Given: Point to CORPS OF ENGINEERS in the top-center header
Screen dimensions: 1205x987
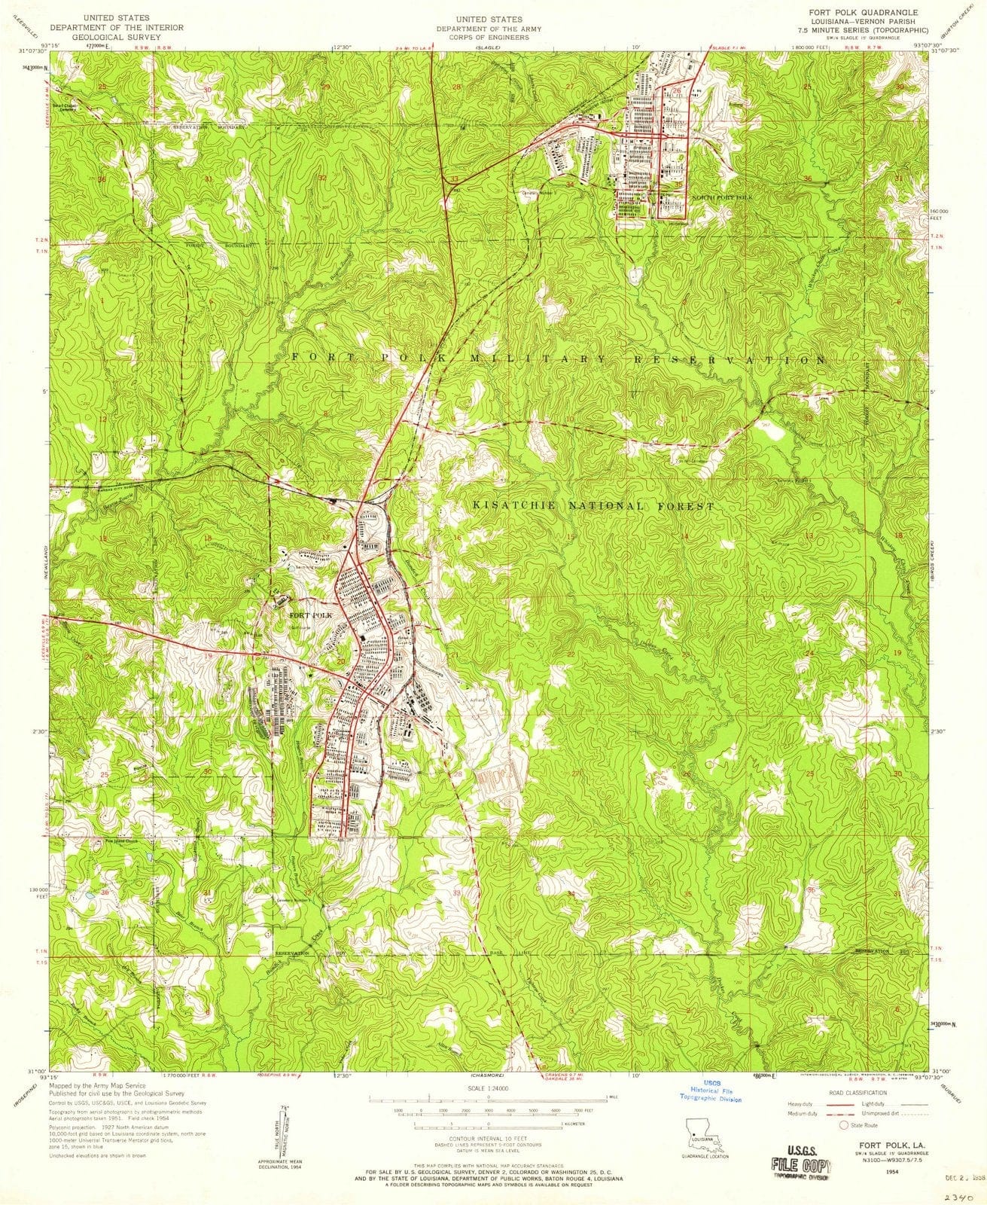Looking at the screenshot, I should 493,35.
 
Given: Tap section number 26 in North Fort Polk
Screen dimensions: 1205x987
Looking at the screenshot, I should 677,91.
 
